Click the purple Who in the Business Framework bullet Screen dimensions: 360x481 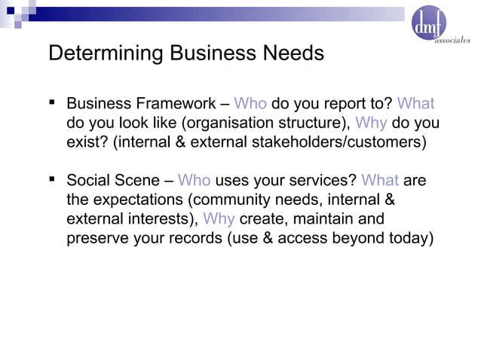click(250, 104)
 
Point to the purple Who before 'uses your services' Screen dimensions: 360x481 click(195, 181)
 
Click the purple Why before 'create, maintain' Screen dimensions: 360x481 click(219, 219)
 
